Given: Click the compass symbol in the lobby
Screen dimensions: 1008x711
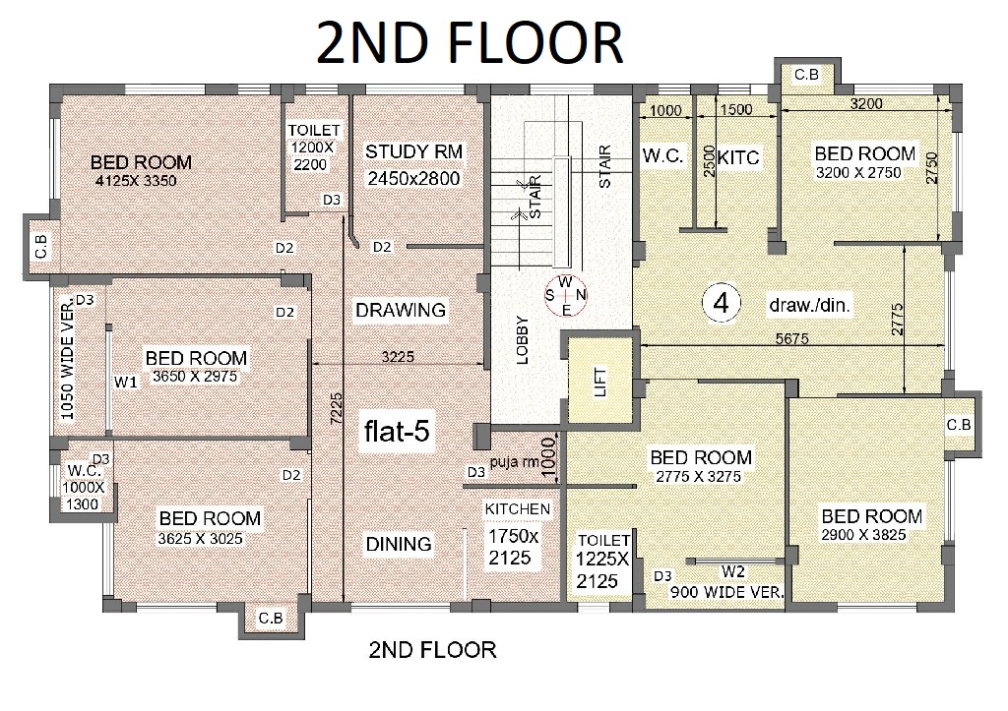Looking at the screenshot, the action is (566, 295).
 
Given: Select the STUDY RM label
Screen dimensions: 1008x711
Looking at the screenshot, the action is (414, 151).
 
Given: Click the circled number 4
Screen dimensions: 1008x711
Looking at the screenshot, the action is (722, 303).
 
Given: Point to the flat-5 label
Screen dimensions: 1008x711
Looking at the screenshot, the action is (397, 431).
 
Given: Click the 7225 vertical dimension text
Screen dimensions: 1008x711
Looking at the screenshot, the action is (337, 408).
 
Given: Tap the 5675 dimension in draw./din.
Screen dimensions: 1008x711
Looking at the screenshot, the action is (791, 338).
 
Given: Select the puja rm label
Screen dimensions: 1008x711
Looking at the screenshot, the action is (514, 462).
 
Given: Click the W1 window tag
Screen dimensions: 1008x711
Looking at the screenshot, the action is (126, 383).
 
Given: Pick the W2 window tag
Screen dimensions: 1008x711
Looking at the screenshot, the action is (732, 571).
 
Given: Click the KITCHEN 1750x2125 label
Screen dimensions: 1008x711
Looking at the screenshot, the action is (517, 534).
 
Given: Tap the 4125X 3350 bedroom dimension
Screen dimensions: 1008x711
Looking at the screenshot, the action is (136, 181).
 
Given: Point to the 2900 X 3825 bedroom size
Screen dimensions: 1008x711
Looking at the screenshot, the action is (863, 534).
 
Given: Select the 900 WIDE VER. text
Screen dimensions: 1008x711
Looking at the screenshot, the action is (727, 592).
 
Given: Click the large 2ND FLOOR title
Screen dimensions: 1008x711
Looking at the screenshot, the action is (470, 42).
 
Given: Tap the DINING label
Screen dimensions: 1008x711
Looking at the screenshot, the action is (399, 544).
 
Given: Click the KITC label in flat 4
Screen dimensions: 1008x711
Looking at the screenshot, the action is (738, 157).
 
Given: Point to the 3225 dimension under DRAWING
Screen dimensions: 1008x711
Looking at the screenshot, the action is (398, 356).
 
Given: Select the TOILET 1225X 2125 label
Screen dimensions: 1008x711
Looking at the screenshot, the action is (602, 561).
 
